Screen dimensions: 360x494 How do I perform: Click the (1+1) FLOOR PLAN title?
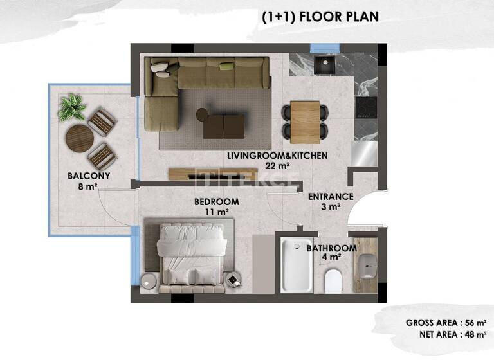click(x=320, y=17)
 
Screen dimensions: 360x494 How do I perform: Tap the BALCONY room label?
click(x=89, y=175)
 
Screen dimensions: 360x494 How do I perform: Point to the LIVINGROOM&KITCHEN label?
click(x=278, y=156)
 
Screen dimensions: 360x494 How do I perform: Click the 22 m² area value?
click(x=277, y=165)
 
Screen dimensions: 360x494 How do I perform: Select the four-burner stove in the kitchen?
click(x=368, y=105)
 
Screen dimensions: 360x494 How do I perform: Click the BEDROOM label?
click(x=217, y=202)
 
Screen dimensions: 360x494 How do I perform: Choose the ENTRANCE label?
click(x=331, y=197)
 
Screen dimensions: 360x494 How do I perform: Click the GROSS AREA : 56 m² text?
click(x=445, y=323)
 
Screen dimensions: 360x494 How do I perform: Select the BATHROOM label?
click(x=331, y=248)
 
